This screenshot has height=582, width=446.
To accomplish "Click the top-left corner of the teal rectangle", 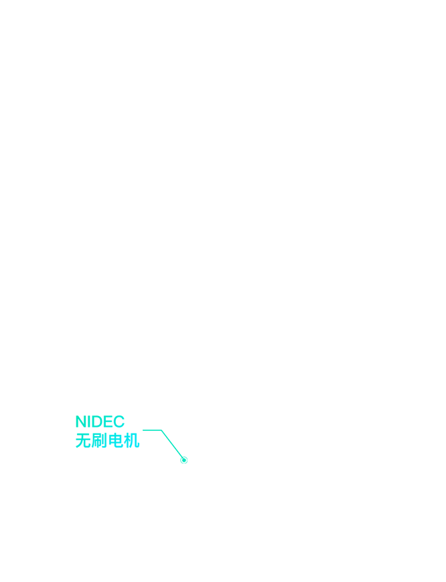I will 76,415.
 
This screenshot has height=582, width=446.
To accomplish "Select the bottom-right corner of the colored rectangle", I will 187,463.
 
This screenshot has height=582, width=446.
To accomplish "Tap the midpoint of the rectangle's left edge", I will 76,440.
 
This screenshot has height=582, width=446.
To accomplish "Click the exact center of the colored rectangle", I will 131,440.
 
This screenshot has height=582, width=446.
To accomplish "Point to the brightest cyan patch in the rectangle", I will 137,452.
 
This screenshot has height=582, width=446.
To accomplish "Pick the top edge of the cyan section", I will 107,416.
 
